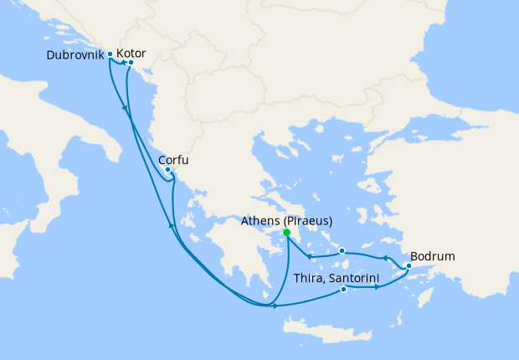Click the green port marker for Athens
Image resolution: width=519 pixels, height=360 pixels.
[x=286, y=233]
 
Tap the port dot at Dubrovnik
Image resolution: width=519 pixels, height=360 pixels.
[x=110, y=54]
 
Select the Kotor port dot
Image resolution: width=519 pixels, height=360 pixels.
[x=131, y=62]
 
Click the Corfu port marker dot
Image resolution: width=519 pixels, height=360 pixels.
[x=168, y=170]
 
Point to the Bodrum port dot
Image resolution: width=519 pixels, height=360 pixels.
[x=408, y=267]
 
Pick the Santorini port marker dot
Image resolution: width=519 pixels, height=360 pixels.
[x=344, y=290]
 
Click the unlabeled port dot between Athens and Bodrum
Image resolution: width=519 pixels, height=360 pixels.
[x=342, y=249]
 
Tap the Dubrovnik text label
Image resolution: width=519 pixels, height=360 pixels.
[x=75, y=54]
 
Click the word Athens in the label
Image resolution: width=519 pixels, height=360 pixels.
[x=260, y=221]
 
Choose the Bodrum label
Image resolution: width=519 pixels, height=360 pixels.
[x=433, y=256]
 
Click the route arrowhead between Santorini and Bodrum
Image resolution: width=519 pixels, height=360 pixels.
[x=378, y=287]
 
